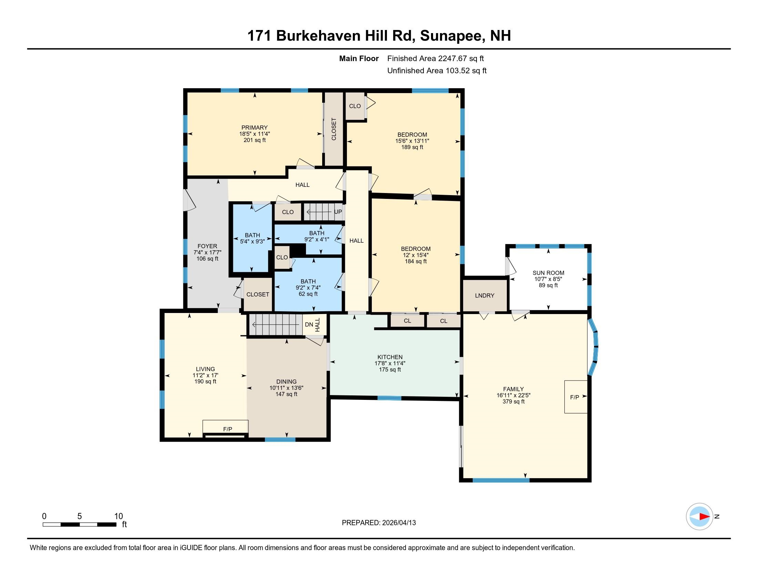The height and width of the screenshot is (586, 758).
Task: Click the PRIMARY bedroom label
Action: [254, 128]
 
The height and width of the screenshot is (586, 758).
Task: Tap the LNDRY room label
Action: [484, 295]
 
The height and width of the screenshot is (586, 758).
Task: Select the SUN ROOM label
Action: [549, 273]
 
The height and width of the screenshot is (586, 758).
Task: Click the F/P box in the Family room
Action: [575, 397]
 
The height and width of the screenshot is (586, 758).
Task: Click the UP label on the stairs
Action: [338, 212]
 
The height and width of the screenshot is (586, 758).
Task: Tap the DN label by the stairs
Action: [309, 325]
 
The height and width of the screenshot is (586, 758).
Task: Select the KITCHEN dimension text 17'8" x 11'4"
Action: [390, 363]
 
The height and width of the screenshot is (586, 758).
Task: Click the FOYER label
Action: [207, 246]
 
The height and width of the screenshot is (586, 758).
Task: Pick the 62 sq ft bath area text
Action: [308, 294]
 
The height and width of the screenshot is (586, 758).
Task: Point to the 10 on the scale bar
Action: [118, 516]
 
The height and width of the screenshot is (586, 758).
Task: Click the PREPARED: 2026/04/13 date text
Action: [379, 523]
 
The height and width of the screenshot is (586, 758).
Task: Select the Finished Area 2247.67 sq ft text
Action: [435, 59]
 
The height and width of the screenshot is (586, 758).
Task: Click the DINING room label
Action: [286, 382]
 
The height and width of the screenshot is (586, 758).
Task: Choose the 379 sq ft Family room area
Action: [513, 402]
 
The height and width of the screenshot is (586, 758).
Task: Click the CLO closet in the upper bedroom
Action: [355, 106]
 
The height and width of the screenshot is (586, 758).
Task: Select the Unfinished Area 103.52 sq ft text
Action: [437, 71]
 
